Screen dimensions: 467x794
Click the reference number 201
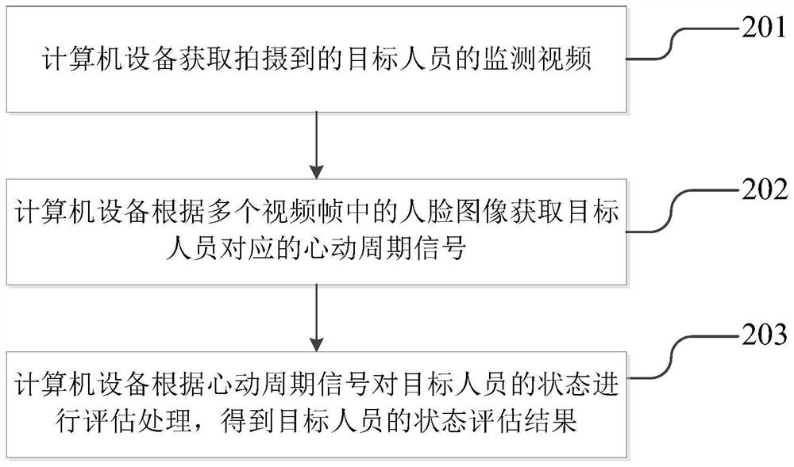(x=764, y=30)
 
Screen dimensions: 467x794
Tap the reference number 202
(x=764, y=190)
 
